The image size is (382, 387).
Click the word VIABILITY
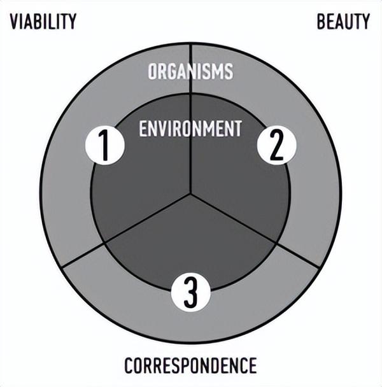43,22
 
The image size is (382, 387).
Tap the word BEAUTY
343,22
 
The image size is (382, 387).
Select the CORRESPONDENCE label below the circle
190,365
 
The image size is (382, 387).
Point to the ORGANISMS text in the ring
190,71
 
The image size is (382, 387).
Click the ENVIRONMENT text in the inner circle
190,129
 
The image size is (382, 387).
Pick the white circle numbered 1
104,145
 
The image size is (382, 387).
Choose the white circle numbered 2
276,145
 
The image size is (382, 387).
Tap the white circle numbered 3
190,292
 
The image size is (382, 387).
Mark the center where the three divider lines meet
190,193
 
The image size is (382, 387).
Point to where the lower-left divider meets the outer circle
62,267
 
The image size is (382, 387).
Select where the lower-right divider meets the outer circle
319,267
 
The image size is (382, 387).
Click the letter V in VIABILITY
14,22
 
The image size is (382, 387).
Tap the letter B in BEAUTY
321,22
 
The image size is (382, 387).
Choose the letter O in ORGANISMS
152,71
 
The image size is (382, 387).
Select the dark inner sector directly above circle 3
190,237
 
